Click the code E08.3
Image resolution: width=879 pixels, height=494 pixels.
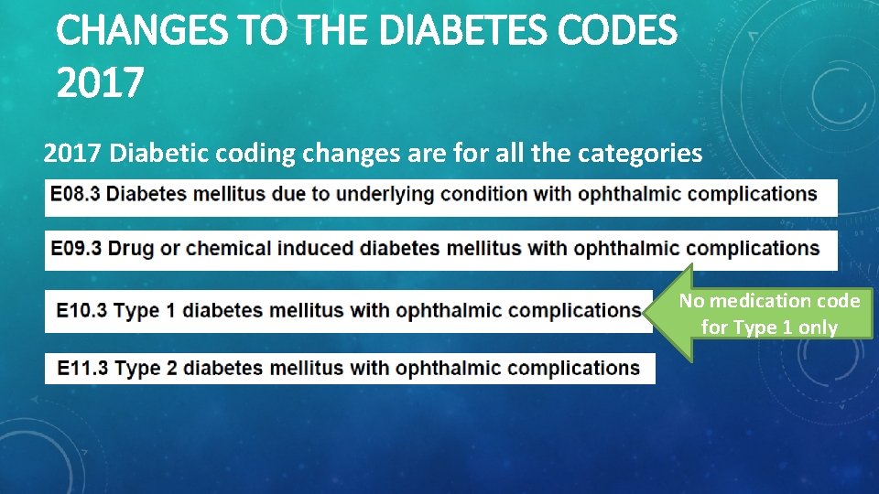pos(76,194)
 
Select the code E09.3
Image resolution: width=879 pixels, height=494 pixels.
pos(76,248)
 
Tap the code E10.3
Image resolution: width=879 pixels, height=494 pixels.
pos(82,311)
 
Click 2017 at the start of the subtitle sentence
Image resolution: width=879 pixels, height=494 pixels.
pos(72,153)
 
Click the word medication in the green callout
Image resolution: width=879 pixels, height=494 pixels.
pos(765,301)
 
